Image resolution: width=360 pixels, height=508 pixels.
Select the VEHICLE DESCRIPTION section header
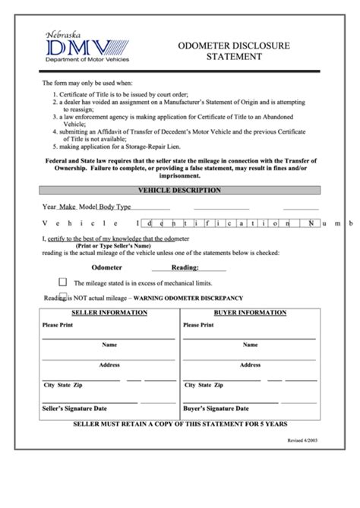180,190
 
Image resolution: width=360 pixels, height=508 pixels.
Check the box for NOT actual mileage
63,297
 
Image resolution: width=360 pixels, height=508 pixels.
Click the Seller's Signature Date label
74,408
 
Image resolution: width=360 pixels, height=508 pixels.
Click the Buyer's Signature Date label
214,408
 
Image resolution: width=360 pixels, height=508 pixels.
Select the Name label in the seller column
109,344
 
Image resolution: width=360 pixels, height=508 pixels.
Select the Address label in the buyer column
251,364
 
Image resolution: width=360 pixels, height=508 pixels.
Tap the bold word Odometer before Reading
106,267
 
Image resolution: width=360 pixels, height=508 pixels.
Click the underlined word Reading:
185,267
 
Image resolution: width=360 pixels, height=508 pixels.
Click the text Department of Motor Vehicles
87,59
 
